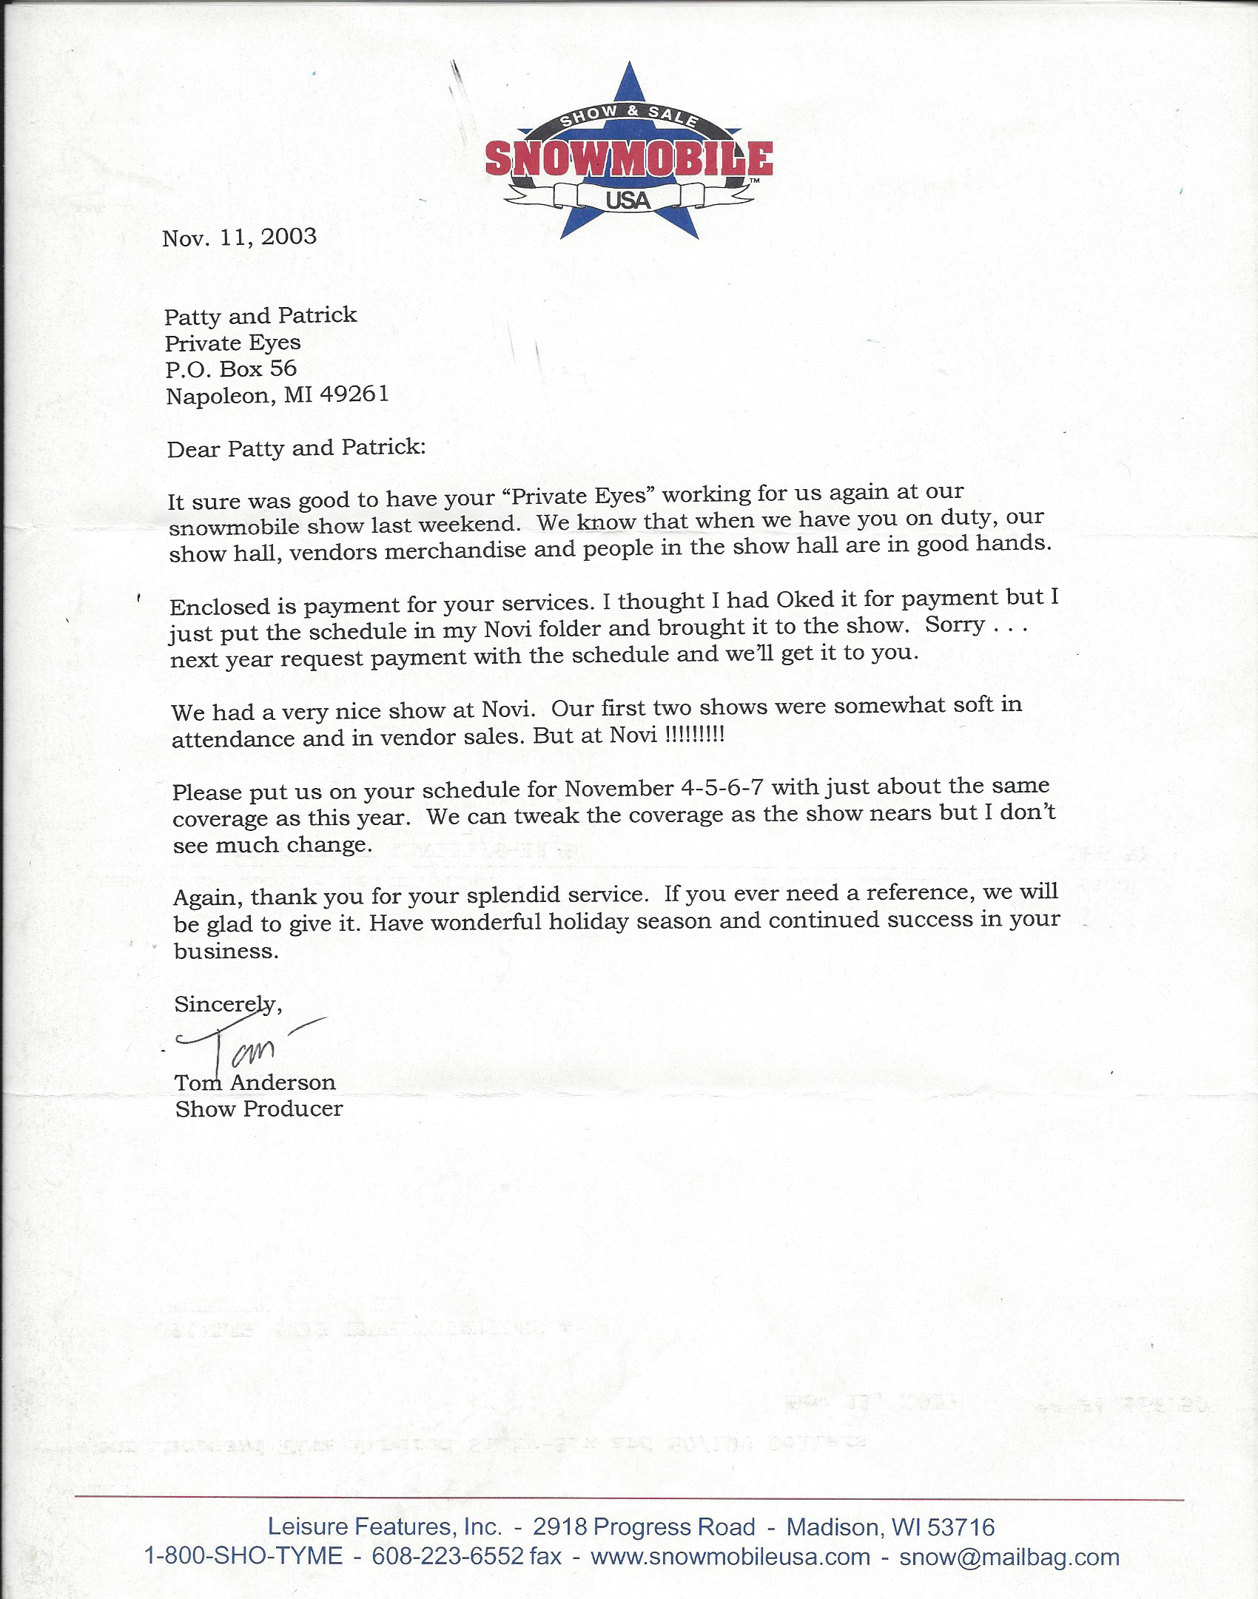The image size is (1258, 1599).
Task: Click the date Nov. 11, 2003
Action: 239,237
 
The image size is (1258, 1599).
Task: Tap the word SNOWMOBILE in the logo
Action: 628,158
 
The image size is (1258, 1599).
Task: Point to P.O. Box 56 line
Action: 231,368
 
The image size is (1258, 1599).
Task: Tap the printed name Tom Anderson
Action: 255,1083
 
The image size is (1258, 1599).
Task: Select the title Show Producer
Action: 259,1108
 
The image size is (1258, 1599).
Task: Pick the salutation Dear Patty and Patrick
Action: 296,448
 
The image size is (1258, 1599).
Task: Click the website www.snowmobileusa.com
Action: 730,1557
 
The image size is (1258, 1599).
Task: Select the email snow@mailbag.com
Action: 1009,1557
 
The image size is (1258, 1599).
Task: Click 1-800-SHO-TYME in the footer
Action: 243,1557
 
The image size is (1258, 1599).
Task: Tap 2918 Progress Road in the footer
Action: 644,1527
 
